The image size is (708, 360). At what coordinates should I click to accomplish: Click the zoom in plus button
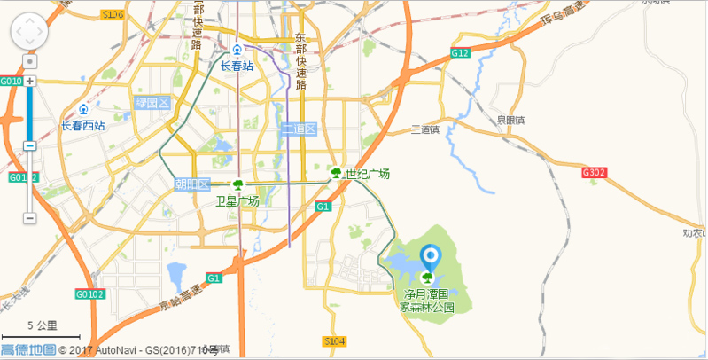point(29,81)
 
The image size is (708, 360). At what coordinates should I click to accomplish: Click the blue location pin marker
point(430,258)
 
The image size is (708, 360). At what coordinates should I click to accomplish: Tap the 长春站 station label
point(237,66)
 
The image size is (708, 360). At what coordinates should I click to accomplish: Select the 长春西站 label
point(82,125)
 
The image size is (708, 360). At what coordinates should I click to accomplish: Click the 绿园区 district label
point(152,103)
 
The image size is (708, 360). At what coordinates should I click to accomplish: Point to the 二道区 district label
point(299,129)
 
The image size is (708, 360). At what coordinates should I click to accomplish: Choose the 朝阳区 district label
point(191,184)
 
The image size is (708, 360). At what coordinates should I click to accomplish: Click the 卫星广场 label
point(237,201)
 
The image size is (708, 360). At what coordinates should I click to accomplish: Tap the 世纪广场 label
point(367,173)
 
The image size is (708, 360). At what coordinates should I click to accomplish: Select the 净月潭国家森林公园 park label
point(428,300)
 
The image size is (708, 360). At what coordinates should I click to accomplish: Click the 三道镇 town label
point(425,129)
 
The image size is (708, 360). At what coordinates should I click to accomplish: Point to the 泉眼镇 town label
point(510,120)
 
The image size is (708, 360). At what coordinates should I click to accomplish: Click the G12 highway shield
point(459,53)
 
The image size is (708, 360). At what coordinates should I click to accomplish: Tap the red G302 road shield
point(594,172)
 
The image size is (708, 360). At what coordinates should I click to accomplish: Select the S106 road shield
point(112,14)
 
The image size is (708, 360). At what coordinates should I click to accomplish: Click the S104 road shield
point(334,340)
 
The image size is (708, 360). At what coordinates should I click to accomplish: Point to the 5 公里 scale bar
point(42,331)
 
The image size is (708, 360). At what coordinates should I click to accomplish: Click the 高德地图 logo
point(27,350)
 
